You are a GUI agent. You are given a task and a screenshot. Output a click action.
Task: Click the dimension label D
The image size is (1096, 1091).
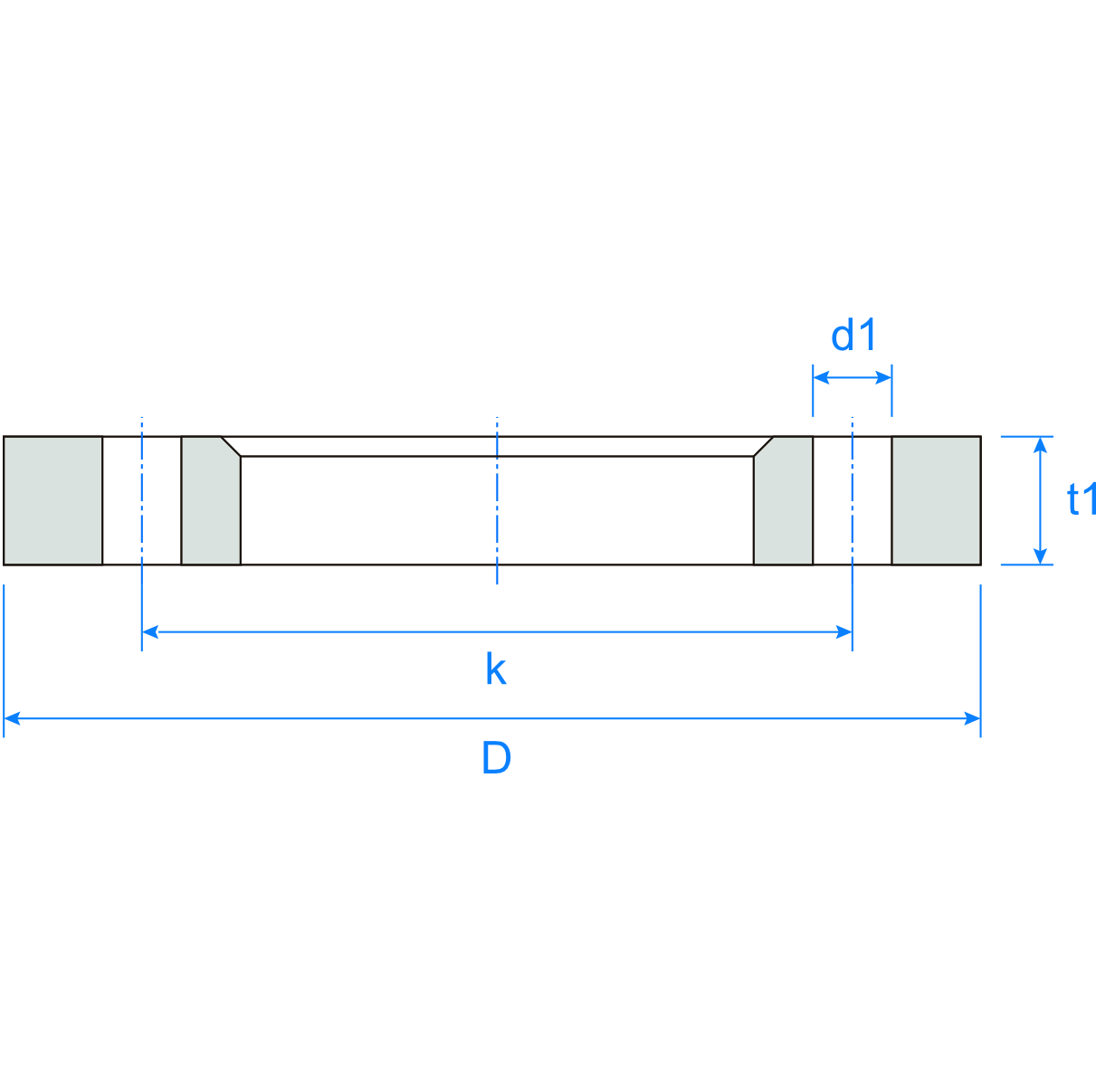496,758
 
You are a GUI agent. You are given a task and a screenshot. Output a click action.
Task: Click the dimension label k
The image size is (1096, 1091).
495,670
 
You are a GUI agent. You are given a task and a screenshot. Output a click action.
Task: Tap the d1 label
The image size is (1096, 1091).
853,336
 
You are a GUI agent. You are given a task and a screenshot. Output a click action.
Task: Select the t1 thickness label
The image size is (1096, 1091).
1081,499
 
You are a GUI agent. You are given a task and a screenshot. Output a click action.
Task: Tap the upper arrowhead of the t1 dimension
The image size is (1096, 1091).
1041,444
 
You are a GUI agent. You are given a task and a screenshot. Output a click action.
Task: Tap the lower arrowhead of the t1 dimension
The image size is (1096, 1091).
1041,556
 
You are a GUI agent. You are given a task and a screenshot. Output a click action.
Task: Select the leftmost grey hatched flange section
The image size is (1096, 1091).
52,500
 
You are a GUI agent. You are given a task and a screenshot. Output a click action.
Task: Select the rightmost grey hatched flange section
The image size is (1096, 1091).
936,500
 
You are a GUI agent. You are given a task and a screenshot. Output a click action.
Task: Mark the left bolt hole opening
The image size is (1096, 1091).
142,500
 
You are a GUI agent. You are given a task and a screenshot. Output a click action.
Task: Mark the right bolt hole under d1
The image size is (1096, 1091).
852,500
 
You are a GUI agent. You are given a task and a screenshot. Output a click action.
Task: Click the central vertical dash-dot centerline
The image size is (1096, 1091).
497,500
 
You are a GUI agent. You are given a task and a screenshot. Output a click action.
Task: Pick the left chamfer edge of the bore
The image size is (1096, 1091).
231,446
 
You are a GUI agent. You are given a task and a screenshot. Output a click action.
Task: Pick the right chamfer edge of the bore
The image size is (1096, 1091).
763,446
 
